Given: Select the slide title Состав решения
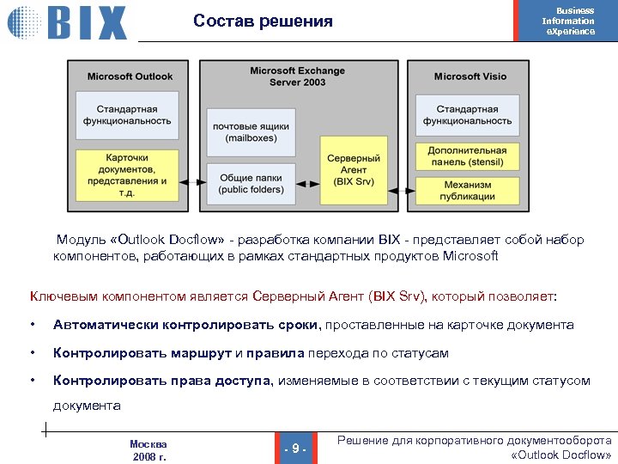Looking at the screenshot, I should [263, 21].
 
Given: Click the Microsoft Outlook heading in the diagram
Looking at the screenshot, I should [130, 76].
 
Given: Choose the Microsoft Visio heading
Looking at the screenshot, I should [470, 76].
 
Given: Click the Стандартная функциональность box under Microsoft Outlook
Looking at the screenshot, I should [133, 115].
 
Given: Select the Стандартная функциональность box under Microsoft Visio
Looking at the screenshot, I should [467, 115].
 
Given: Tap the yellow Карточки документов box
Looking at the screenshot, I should [133, 175].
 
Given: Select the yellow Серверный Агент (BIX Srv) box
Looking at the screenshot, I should [354, 170].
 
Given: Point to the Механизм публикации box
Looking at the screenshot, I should [467, 190].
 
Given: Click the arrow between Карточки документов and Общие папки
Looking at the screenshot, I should [198, 182].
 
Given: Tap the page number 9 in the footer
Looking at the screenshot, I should [295, 449].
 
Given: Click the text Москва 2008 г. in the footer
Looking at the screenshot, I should [148, 450].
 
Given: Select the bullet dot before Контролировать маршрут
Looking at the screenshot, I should [32, 353].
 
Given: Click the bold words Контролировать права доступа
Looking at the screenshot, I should [162, 381].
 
